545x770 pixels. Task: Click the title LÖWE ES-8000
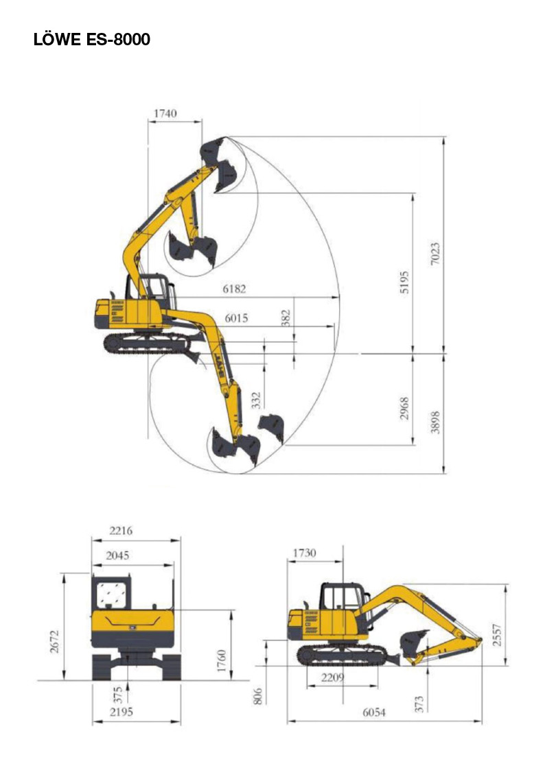(92, 39)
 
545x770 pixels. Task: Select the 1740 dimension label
(165, 113)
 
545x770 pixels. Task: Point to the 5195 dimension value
(404, 282)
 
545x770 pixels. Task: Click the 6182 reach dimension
(234, 289)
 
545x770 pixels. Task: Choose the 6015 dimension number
(236, 318)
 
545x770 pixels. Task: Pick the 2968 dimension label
(404, 408)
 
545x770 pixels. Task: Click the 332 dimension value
(256, 400)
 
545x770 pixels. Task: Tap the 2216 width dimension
(120, 530)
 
